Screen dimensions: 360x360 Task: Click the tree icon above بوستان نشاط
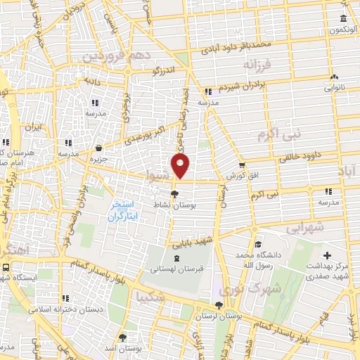click(175, 194)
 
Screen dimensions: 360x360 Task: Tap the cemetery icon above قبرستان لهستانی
click(165, 259)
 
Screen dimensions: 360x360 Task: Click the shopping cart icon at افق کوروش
click(241, 165)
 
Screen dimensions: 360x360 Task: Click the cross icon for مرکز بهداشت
click(326, 255)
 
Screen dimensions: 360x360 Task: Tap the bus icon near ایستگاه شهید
click(6, 267)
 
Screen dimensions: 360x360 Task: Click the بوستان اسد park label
click(122, 347)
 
